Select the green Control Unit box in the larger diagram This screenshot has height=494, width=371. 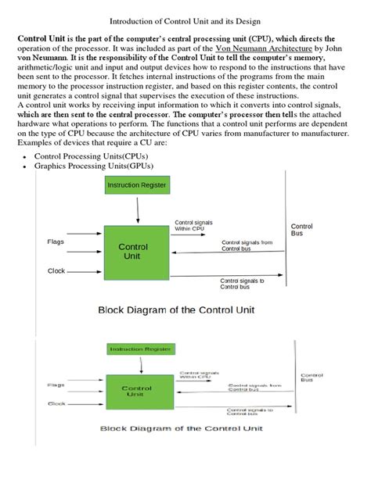coord(133,251)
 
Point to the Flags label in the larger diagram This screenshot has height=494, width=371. coord(56,242)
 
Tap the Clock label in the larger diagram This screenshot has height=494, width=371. coord(56,271)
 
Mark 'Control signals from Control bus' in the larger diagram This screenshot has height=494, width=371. coord(247,245)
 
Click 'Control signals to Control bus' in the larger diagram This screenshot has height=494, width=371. coord(243,284)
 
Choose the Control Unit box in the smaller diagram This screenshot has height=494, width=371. coord(138,391)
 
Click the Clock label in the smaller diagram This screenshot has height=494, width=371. coord(56,403)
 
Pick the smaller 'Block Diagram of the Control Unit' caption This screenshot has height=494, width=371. coord(181,428)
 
